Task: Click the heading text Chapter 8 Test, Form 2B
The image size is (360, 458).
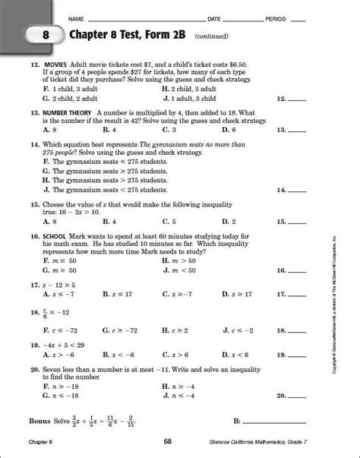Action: coord(129,35)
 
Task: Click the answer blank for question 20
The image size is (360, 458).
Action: coord(295,396)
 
